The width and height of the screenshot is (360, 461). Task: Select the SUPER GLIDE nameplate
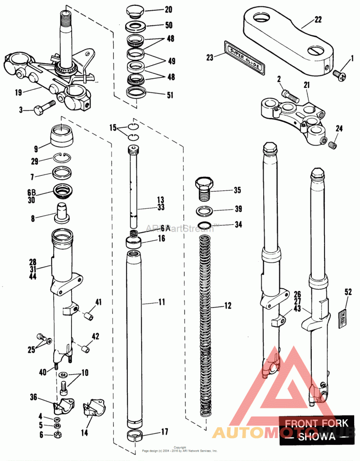246,56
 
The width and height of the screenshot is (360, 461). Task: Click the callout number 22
318,19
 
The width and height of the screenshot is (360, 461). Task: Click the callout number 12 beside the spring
228,306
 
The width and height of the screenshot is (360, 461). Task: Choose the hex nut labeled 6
57,434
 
